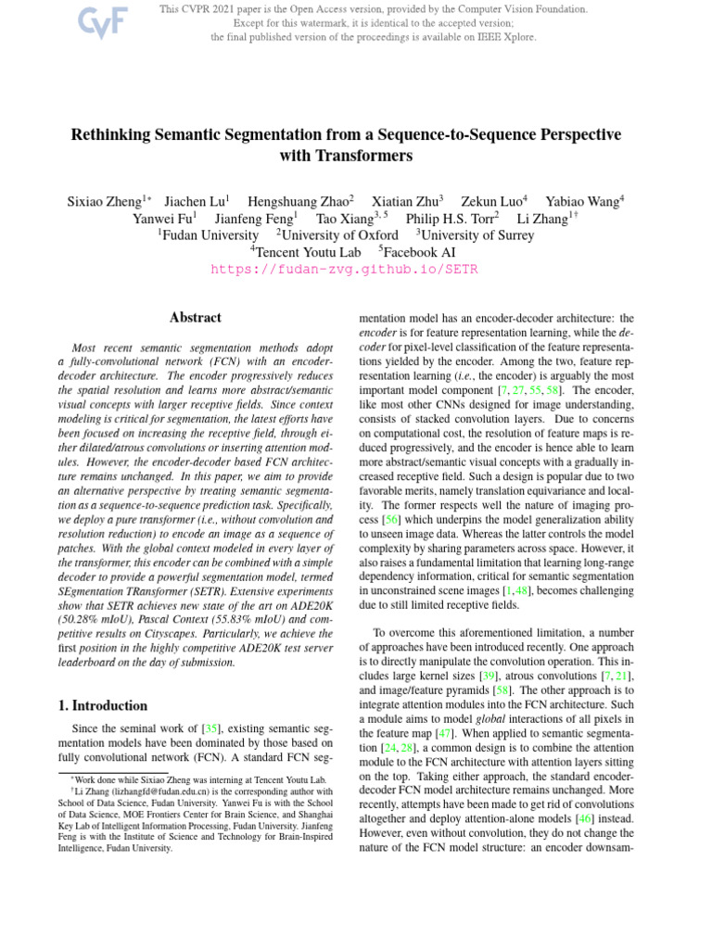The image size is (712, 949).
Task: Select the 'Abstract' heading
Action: [196, 318]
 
